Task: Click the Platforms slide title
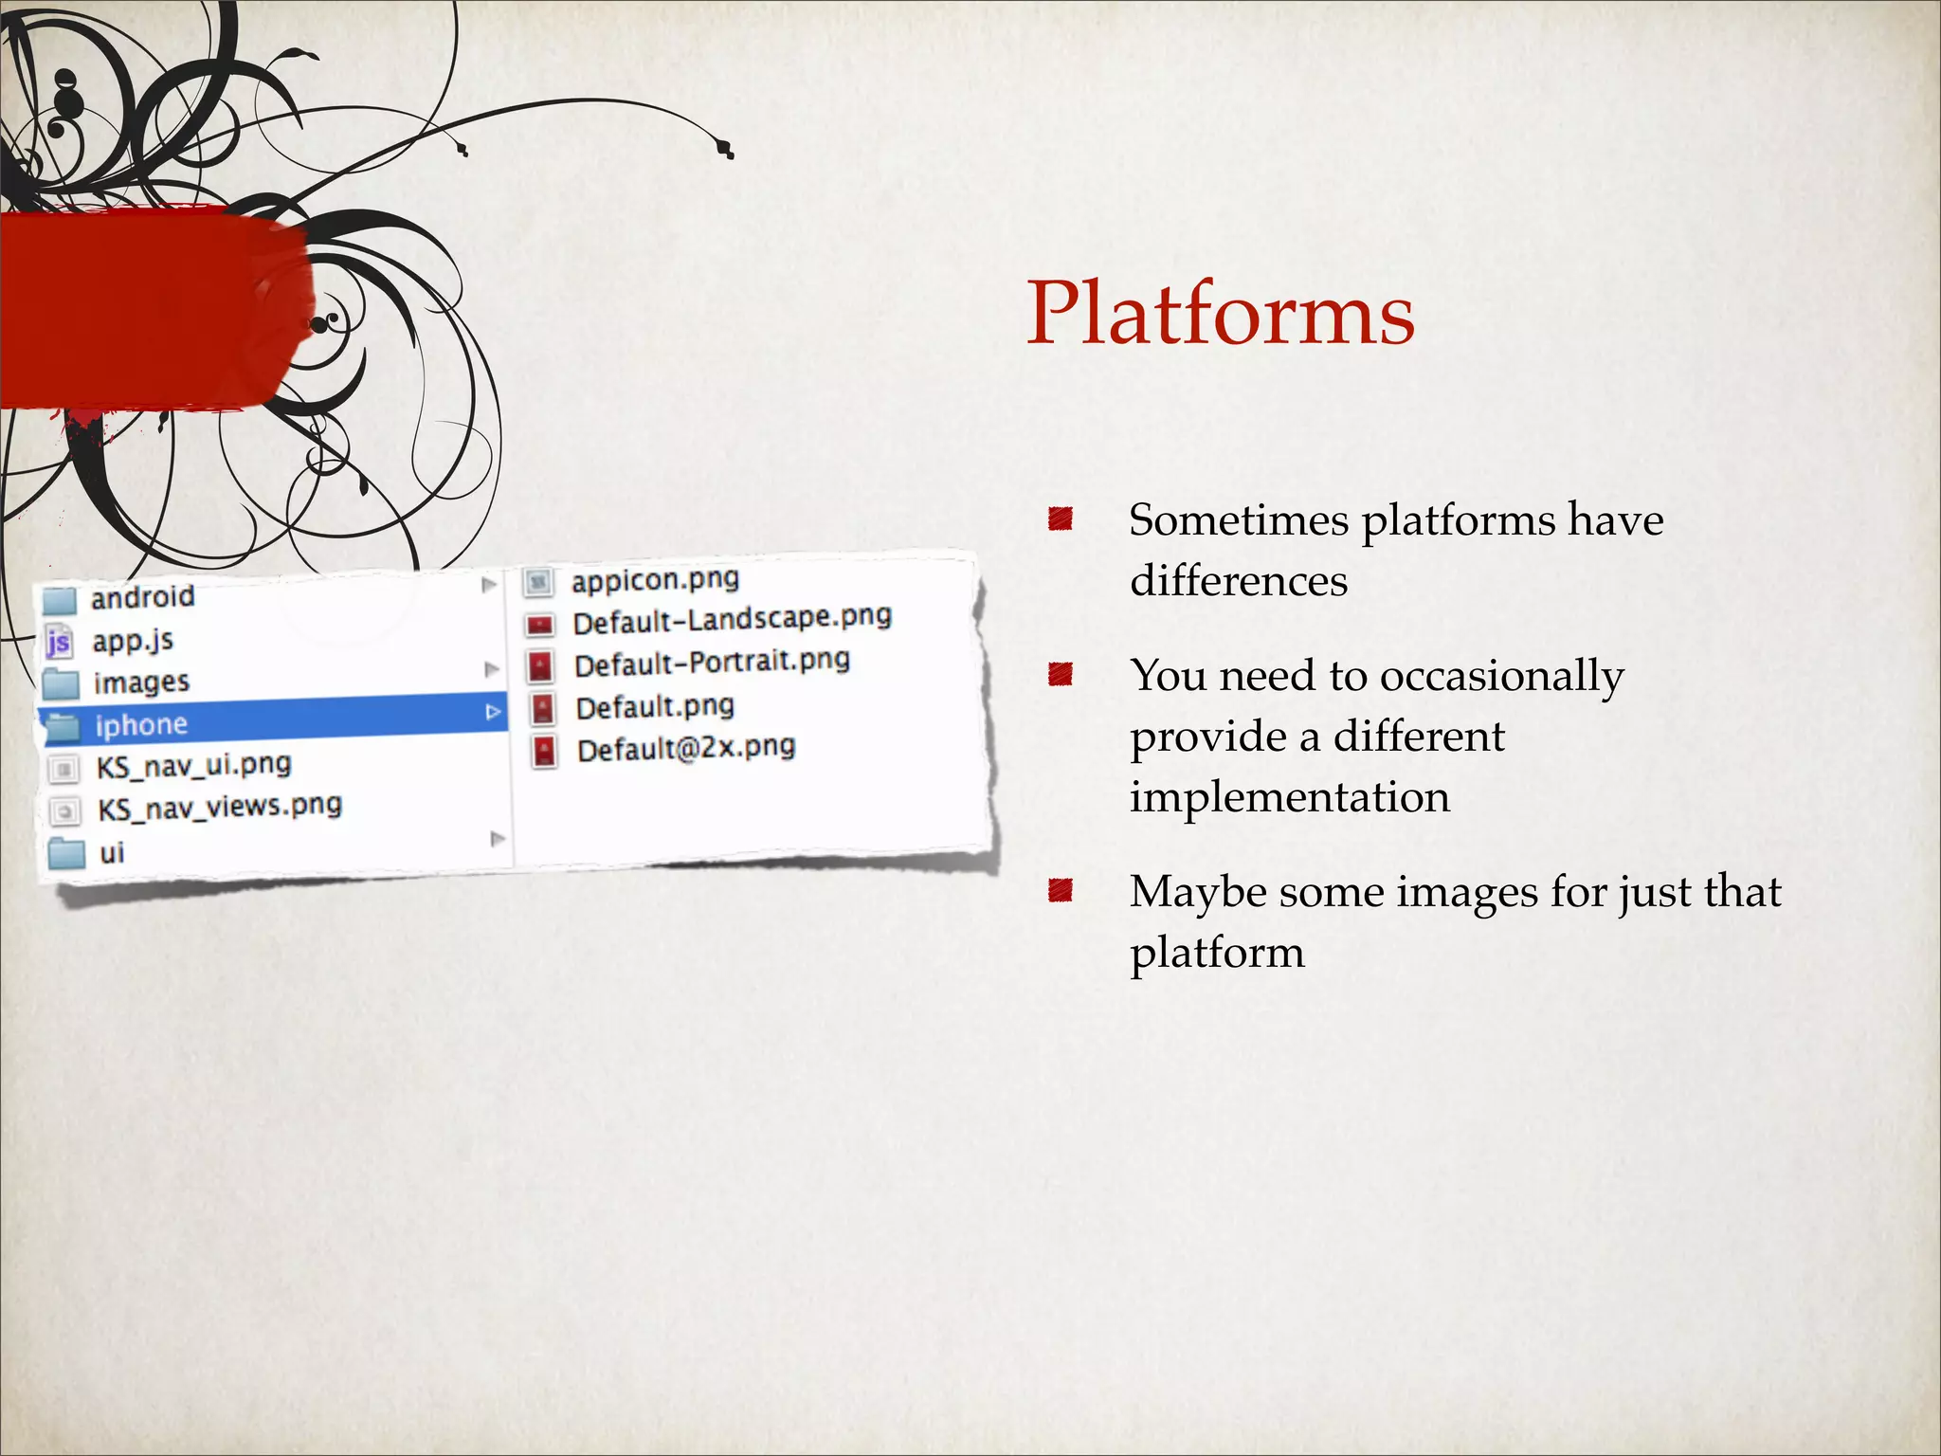point(1221,313)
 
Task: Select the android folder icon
point(60,599)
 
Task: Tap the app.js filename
point(133,641)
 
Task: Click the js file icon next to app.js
point(59,643)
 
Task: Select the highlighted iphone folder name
point(141,725)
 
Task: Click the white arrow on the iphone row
point(493,711)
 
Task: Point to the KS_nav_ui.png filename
point(194,765)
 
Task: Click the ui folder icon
point(66,853)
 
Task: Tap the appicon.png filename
point(655,579)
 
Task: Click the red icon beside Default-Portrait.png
point(540,665)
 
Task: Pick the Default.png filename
point(655,707)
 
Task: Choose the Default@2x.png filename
point(686,749)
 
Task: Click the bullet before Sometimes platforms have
point(1060,519)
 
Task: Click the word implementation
point(1290,797)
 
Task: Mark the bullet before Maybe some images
point(1060,890)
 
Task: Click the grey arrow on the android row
point(489,584)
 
